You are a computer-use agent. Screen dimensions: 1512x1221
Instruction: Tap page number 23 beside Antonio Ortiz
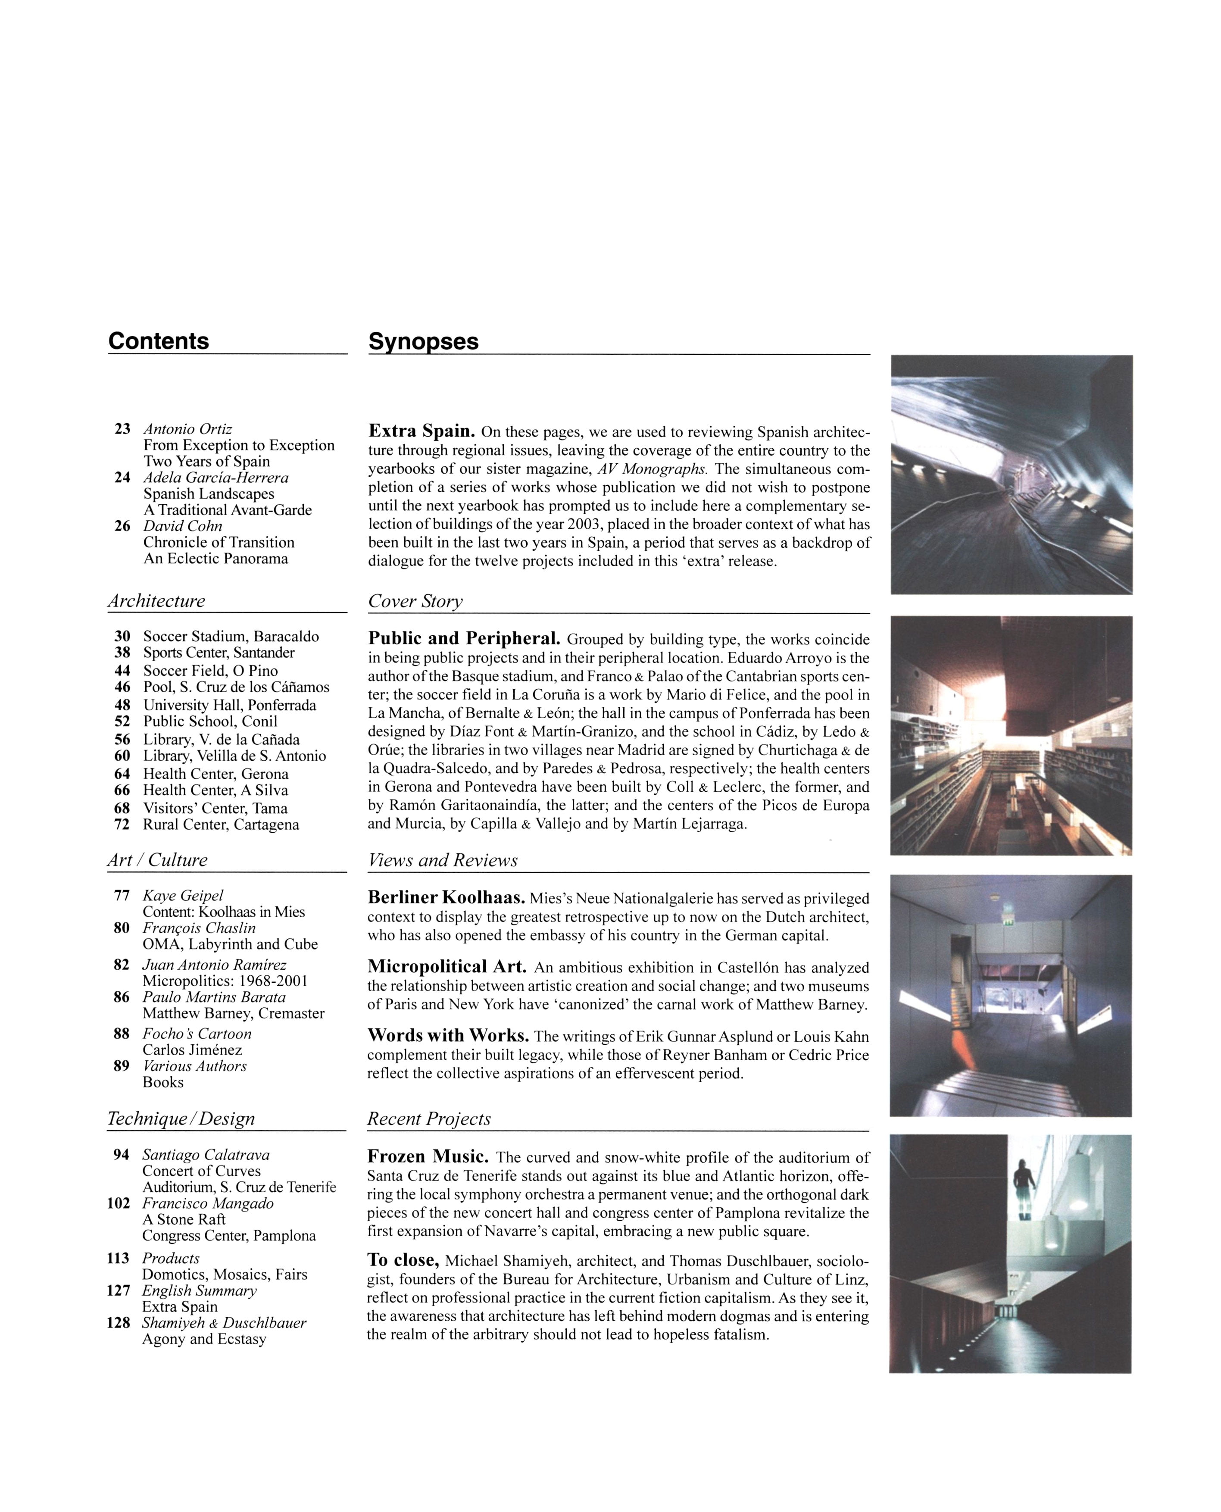tap(122, 429)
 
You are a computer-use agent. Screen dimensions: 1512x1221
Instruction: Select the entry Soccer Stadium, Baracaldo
tap(231, 637)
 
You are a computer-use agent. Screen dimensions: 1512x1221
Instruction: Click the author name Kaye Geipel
tap(183, 895)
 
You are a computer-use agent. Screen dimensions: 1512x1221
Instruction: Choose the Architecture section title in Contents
tap(156, 601)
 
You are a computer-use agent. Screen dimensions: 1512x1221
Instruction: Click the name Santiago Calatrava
tap(206, 1155)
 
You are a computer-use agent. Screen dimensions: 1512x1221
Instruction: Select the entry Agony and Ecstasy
tap(204, 1339)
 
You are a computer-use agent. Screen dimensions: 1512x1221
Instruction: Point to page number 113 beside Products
tap(118, 1258)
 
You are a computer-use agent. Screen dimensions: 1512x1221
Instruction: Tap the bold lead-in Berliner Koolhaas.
tap(446, 898)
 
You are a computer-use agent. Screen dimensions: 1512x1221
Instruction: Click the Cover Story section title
tap(415, 602)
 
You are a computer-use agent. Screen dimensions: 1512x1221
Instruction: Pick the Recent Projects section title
tap(429, 1119)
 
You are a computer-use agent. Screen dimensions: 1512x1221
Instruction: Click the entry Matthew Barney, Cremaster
tap(234, 1013)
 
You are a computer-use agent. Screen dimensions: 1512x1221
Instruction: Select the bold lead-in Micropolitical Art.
tap(447, 968)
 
